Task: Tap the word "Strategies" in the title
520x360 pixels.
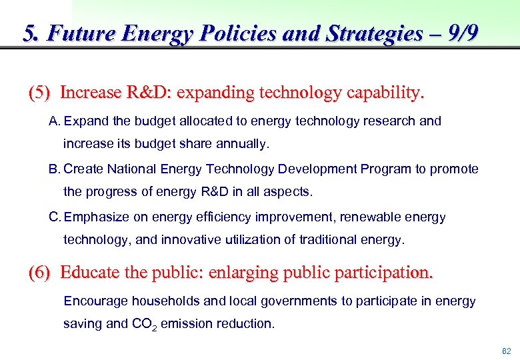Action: click(374, 33)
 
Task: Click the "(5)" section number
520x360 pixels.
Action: click(39, 92)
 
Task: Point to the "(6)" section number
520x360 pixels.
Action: click(39, 273)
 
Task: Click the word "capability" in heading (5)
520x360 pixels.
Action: click(383, 92)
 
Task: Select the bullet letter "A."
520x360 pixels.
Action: click(55, 121)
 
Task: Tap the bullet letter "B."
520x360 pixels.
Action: click(55, 169)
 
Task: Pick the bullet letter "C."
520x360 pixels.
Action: click(55, 217)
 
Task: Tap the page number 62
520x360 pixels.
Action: click(507, 351)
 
